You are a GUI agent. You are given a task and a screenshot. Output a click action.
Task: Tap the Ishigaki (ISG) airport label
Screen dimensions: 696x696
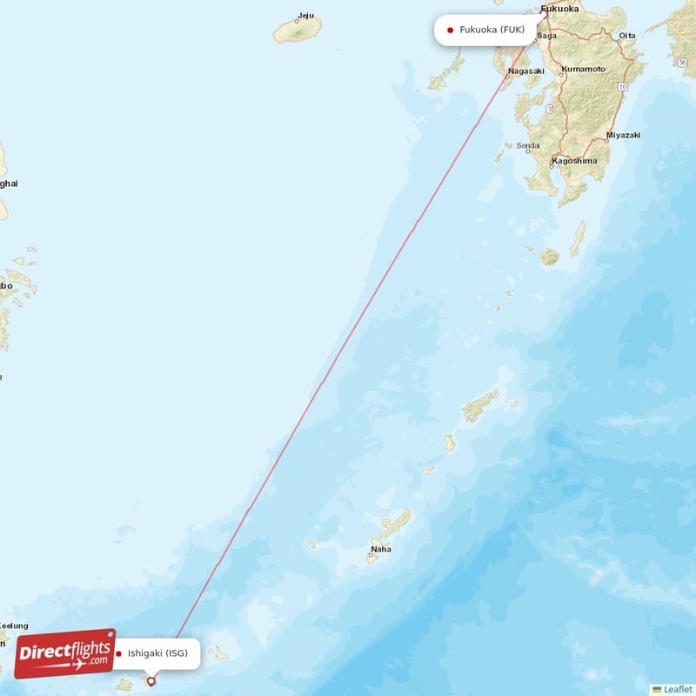(157, 653)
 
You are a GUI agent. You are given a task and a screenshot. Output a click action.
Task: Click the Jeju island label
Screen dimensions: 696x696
(305, 15)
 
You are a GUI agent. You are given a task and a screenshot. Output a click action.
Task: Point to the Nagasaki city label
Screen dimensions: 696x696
(526, 71)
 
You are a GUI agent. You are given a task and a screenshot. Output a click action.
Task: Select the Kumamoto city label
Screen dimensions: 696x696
(583, 69)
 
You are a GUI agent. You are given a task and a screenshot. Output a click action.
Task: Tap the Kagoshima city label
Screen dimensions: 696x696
(574, 161)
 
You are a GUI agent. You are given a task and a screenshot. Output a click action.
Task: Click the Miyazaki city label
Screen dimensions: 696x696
(623, 136)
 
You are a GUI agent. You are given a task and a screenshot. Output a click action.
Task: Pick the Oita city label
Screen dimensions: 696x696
(626, 36)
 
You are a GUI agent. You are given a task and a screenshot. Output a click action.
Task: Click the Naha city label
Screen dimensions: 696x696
(381, 549)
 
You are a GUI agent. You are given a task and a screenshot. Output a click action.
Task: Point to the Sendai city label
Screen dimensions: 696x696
(528, 146)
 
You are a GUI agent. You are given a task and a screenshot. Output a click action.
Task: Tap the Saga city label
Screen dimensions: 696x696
(547, 36)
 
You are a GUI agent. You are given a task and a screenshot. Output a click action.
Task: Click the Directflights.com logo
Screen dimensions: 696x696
(64, 653)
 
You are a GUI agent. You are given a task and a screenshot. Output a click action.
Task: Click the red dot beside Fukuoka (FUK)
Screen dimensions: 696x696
(450, 30)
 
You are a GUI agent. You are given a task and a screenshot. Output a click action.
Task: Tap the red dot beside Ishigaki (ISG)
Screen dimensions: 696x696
(118, 653)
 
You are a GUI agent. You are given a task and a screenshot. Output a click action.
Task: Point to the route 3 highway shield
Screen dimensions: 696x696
(550, 108)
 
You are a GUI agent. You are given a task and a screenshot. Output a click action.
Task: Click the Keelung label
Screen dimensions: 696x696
(13, 626)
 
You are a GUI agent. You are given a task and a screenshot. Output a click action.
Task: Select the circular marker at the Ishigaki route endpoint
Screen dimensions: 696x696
(151, 681)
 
